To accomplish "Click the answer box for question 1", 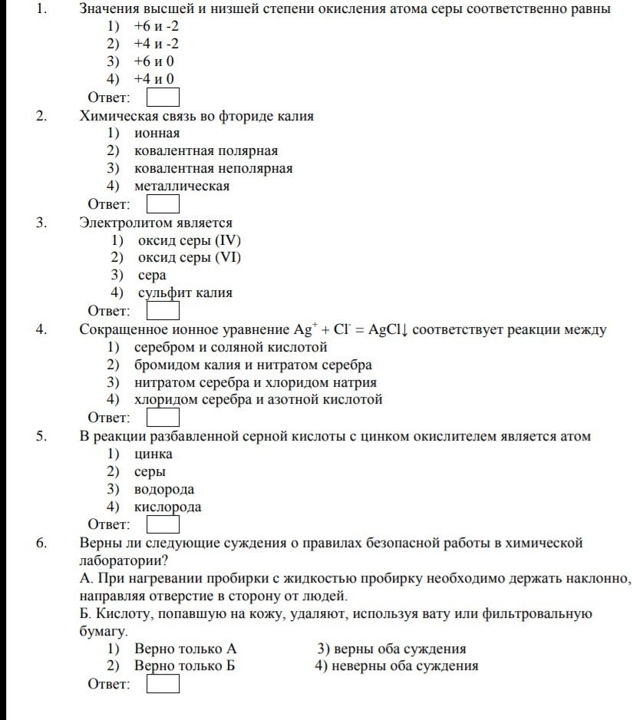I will [163, 97].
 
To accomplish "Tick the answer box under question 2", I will [163, 204].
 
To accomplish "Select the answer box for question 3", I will [163, 311].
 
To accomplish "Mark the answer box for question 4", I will [163, 418].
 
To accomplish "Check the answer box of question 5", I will [163, 524].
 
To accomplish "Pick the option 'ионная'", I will [157, 133].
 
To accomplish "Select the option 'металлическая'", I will [182, 186].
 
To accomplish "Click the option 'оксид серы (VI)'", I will [189, 257].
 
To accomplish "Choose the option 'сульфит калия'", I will [185, 292].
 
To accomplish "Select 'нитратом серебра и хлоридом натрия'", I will [256, 382].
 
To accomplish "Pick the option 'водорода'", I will [164, 489].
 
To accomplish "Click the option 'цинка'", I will [153, 454].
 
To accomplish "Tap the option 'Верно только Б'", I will [184, 666].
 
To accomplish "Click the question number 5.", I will [41, 437].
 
